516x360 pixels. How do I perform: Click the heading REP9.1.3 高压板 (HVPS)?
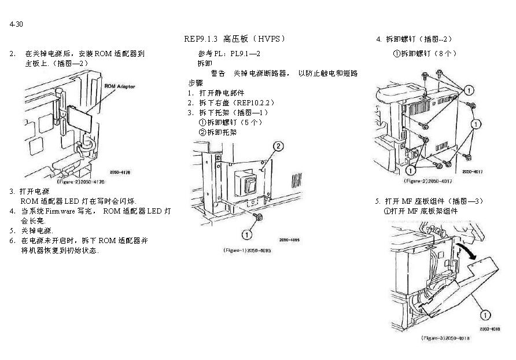(x=234, y=39)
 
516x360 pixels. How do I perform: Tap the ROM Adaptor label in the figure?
(x=119, y=86)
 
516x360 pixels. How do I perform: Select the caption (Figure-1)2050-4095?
(x=247, y=250)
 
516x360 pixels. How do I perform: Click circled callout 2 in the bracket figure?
(x=278, y=146)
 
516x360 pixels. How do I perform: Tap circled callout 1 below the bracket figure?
(x=246, y=234)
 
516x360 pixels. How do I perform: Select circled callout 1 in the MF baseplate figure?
(x=485, y=314)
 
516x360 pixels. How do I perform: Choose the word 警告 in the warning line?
(x=218, y=74)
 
